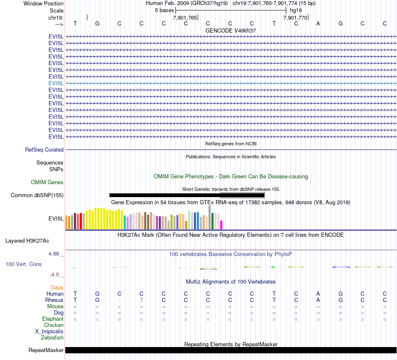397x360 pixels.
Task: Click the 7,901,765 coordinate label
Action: [185, 18]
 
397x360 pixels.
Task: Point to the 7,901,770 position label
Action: [295, 18]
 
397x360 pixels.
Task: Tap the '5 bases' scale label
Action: [164, 10]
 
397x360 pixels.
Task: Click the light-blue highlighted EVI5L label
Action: [56, 83]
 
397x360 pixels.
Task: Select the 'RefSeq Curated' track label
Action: [44, 150]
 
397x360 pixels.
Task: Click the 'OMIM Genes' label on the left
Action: [47, 183]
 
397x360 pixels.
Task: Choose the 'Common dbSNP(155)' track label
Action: [37, 195]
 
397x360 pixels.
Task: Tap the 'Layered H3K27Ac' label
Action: [27, 241]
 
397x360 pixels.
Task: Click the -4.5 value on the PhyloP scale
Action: [55, 275]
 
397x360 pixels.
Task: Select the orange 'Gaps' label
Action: [57, 288]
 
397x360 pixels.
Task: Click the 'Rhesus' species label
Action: [54, 300]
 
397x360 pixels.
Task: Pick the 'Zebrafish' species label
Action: [52, 338]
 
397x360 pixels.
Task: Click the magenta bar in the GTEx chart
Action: [221, 225]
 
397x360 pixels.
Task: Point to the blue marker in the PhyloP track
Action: [341, 266]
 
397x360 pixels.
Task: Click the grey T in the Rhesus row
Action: [142, 300]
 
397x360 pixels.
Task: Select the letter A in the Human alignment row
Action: [318, 294]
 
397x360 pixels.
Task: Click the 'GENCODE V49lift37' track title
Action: [231, 31]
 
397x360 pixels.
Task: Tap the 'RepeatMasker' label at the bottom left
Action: [46, 350]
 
